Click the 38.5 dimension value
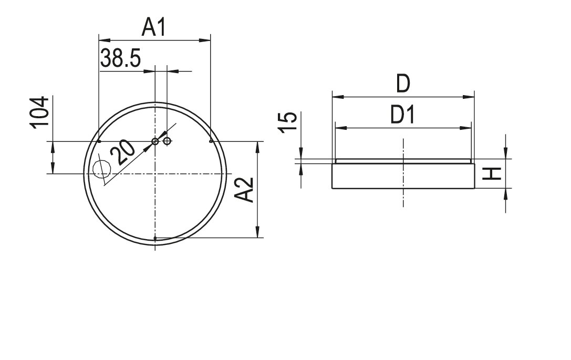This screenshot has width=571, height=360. [x=120, y=58]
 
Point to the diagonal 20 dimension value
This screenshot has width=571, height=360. [x=122, y=152]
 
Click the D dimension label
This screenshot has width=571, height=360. [x=403, y=84]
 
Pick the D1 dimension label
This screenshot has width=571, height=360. [x=403, y=115]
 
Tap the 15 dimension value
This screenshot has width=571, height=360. [x=287, y=122]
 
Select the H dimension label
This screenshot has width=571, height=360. [x=492, y=174]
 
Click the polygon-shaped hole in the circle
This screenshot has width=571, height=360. [x=102, y=169]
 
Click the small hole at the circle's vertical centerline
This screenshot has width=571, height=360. [x=155, y=141]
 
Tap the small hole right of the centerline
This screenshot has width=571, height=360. [x=167, y=141]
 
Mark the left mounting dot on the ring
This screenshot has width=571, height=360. [x=99, y=141]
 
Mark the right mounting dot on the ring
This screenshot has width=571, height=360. [x=211, y=141]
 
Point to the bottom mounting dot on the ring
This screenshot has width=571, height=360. [x=155, y=238]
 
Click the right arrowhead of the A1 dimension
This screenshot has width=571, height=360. [x=205, y=40]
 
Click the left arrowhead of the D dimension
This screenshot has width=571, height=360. [x=338, y=97]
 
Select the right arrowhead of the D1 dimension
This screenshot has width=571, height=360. [x=466, y=128]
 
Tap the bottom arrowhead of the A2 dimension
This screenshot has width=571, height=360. [x=257, y=232]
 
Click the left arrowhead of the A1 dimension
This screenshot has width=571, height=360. [x=105, y=40]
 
